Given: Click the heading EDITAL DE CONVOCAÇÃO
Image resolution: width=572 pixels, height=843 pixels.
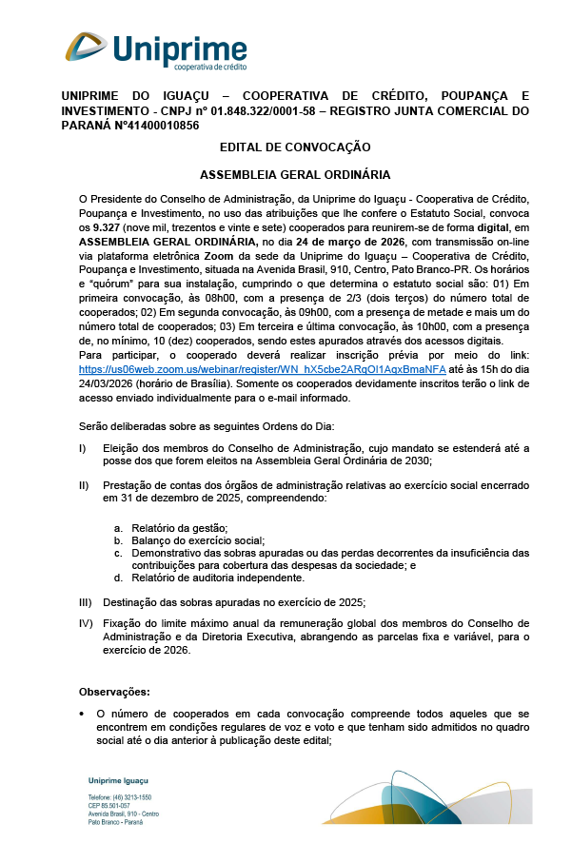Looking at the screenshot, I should click(x=295, y=147).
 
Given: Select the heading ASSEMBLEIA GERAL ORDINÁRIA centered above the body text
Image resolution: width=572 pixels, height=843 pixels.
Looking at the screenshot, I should click(x=295, y=175).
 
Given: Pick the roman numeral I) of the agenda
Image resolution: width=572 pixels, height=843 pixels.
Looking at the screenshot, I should click(x=83, y=447).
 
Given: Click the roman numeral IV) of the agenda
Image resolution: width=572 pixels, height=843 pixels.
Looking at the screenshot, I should click(x=85, y=623).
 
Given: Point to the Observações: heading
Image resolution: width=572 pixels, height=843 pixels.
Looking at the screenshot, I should click(x=114, y=692).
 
